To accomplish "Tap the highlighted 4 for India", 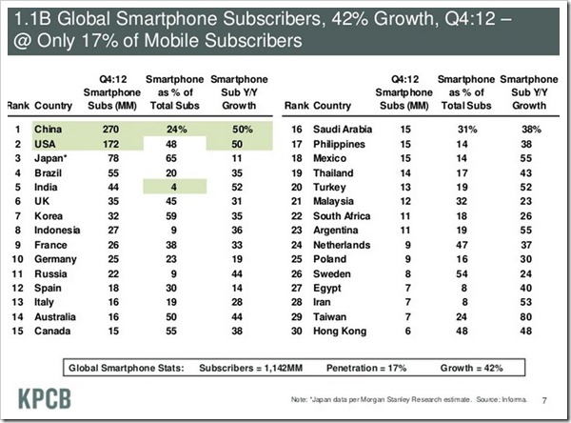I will tap(175, 189).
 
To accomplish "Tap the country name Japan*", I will tap(50, 157).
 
